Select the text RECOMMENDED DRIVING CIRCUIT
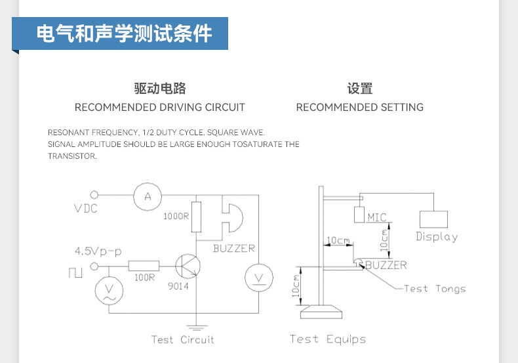[160, 107]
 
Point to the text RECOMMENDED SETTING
[360, 107]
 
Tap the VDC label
[85, 208]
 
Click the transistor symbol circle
[189, 267]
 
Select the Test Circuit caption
[182, 339]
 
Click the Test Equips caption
[328, 339]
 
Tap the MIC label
[377, 217]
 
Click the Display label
[437, 237]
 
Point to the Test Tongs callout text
[435, 288]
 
